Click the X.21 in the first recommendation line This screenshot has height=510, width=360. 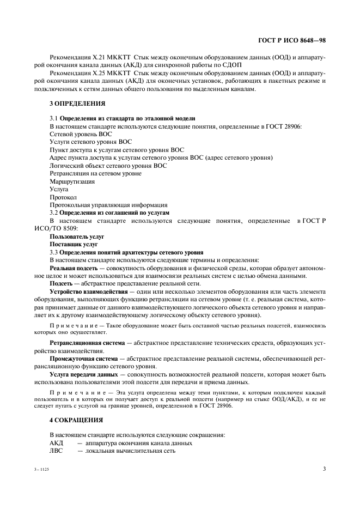[99, 58]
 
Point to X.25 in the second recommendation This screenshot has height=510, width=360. [99, 73]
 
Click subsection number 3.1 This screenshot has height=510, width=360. [53, 118]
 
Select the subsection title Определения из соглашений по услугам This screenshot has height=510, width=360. [114, 212]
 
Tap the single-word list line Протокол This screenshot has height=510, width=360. [63, 197]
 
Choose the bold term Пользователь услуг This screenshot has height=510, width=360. [77, 236]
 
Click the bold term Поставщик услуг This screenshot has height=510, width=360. [74, 245]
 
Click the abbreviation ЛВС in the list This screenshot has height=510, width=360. [56, 451]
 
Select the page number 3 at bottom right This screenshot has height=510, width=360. [324, 468]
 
